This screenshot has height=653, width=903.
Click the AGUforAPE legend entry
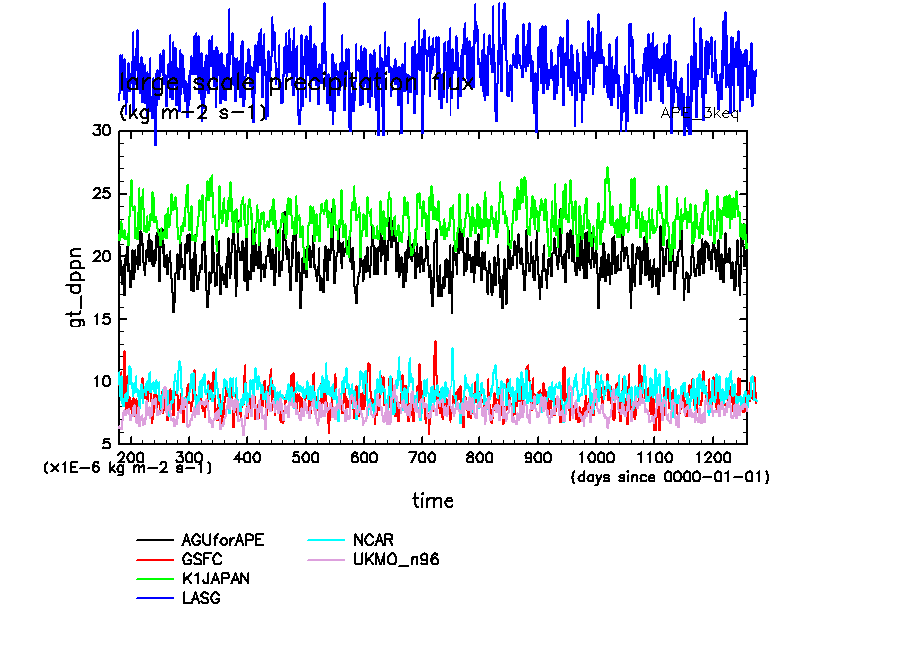pos(223,540)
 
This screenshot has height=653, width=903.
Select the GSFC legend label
pos(203,560)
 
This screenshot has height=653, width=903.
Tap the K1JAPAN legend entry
pos(216,579)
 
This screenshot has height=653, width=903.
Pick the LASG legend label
pos(202,598)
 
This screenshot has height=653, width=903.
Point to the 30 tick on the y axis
pos(102,130)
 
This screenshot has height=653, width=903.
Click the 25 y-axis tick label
pos(102,193)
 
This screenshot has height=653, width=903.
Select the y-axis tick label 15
pos(102,319)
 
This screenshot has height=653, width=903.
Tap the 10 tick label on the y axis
pos(102,381)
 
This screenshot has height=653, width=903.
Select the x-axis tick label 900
pos(538,456)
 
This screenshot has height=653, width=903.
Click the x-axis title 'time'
pos(433,501)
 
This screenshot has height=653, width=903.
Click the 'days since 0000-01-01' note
pos(670,477)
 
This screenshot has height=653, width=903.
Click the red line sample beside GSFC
pos(155,560)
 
